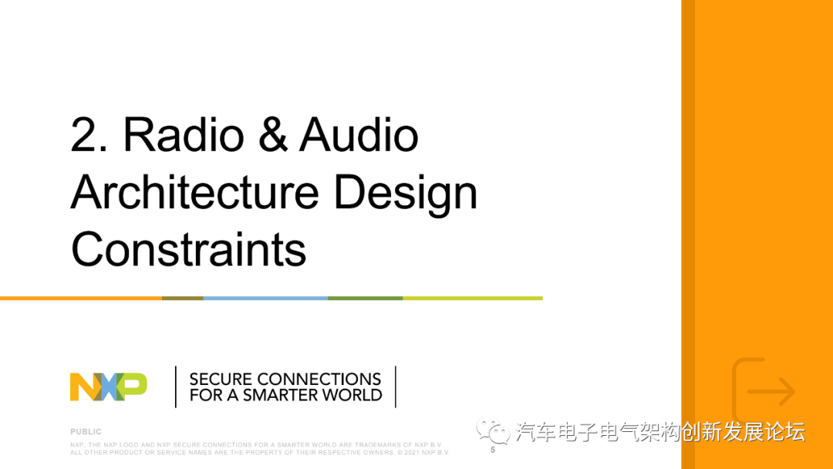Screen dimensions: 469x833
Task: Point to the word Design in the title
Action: click(406, 194)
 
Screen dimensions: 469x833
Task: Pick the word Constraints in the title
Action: click(188, 249)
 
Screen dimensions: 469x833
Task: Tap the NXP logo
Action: click(108, 386)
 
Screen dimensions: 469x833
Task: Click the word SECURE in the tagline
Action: click(221, 380)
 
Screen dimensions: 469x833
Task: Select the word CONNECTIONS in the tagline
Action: click(319, 380)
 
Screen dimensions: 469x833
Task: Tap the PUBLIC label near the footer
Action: click(86, 432)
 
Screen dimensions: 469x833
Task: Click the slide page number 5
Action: click(493, 450)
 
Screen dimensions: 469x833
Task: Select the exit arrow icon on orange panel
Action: click(764, 391)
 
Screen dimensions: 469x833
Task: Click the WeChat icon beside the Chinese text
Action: click(491, 431)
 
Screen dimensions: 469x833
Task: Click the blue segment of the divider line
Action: click(265, 298)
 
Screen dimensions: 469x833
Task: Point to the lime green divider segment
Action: click(472, 298)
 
